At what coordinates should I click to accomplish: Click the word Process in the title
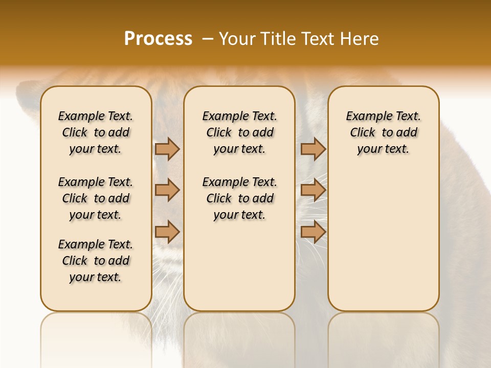[x=158, y=38]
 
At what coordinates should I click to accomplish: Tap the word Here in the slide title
[x=361, y=38]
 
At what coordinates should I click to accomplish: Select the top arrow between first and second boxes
[x=167, y=149]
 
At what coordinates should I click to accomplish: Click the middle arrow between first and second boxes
[x=167, y=191]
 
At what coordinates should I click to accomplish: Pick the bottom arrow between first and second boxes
[x=167, y=232]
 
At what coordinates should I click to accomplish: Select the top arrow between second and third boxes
[x=313, y=149]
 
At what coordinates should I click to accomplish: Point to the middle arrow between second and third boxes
[x=313, y=191]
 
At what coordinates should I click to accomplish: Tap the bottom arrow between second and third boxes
[x=313, y=232]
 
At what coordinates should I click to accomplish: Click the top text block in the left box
[x=96, y=132]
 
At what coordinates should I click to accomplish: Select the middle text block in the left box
[x=96, y=198]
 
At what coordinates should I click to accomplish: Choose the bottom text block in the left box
[x=96, y=261]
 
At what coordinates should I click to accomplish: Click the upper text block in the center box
[x=239, y=132]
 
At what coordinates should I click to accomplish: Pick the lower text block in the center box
[x=239, y=198]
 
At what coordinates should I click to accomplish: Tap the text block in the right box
[x=384, y=132]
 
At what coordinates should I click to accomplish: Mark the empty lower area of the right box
[x=384, y=240]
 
